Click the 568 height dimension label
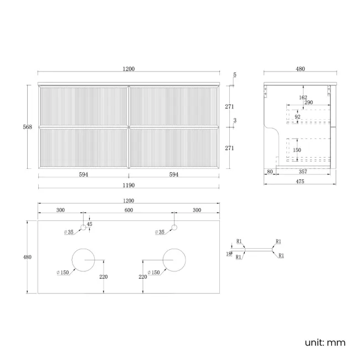[27, 127]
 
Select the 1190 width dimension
[128, 186]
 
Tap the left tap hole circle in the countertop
[83, 228]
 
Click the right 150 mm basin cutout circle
[174, 260]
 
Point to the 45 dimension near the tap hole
[90, 224]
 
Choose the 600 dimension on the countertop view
[129, 210]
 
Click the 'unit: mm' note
[325, 342]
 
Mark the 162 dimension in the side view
[303, 97]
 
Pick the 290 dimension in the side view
[308, 102]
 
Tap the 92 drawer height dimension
[297, 117]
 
